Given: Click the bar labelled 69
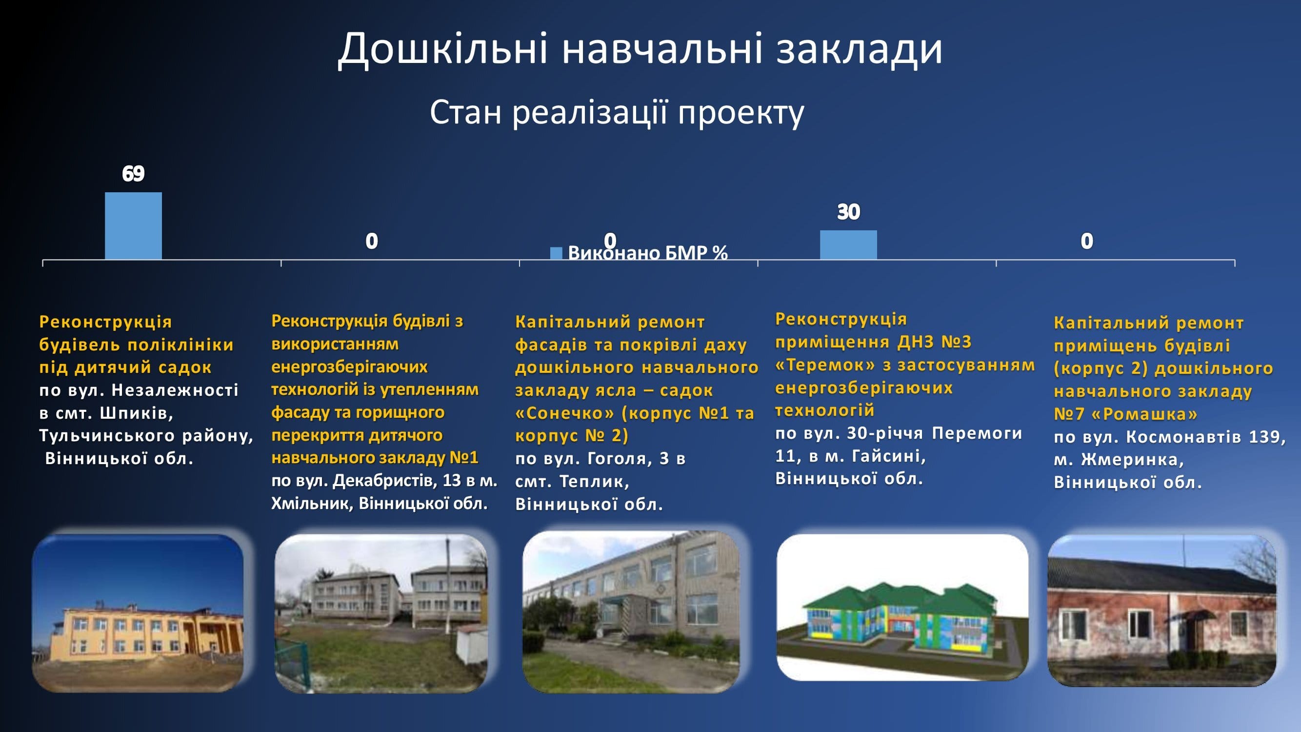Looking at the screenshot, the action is pyautogui.click(x=133, y=226).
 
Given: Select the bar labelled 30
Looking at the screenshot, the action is pyautogui.click(x=848, y=245).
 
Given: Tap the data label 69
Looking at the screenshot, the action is pyautogui.click(x=133, y=174).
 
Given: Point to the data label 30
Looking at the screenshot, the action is pyautogui.click(x=848, y=212).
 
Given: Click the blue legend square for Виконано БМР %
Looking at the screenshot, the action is pyautogui.click(x=556, y=253).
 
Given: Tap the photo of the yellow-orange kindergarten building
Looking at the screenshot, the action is pyautogui.click(x=138, y=613).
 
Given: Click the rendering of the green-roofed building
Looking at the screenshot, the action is pyautogui.click(x=902, y=607).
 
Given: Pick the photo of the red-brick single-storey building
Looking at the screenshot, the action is pyautogui.click(x=1162, y=610).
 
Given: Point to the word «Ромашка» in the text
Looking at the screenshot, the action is pyautogui.click(x=1144, y=414).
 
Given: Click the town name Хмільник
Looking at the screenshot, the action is pyautogui.click(x=312, y=504).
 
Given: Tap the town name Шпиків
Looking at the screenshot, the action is pyautogui.click(x=137, y=413).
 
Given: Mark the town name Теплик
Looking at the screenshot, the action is pyautogui.click(x=595, y=482).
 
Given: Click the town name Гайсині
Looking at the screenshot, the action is pyautogui.click(x=889, y=456).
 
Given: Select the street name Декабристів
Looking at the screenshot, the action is pyautogui.click(x=385, y=480).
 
